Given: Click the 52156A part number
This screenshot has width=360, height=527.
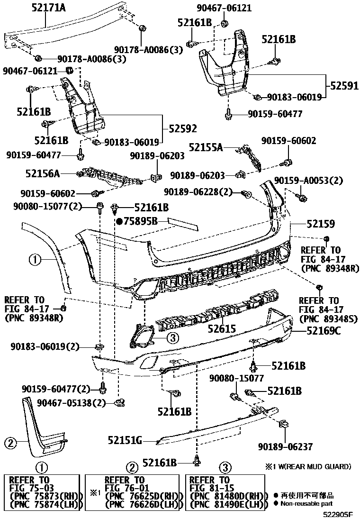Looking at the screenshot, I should pyautogui.click(x=43, y=174).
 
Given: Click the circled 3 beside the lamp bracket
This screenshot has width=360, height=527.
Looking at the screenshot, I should pyautogui.click(x=172, y=337).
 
